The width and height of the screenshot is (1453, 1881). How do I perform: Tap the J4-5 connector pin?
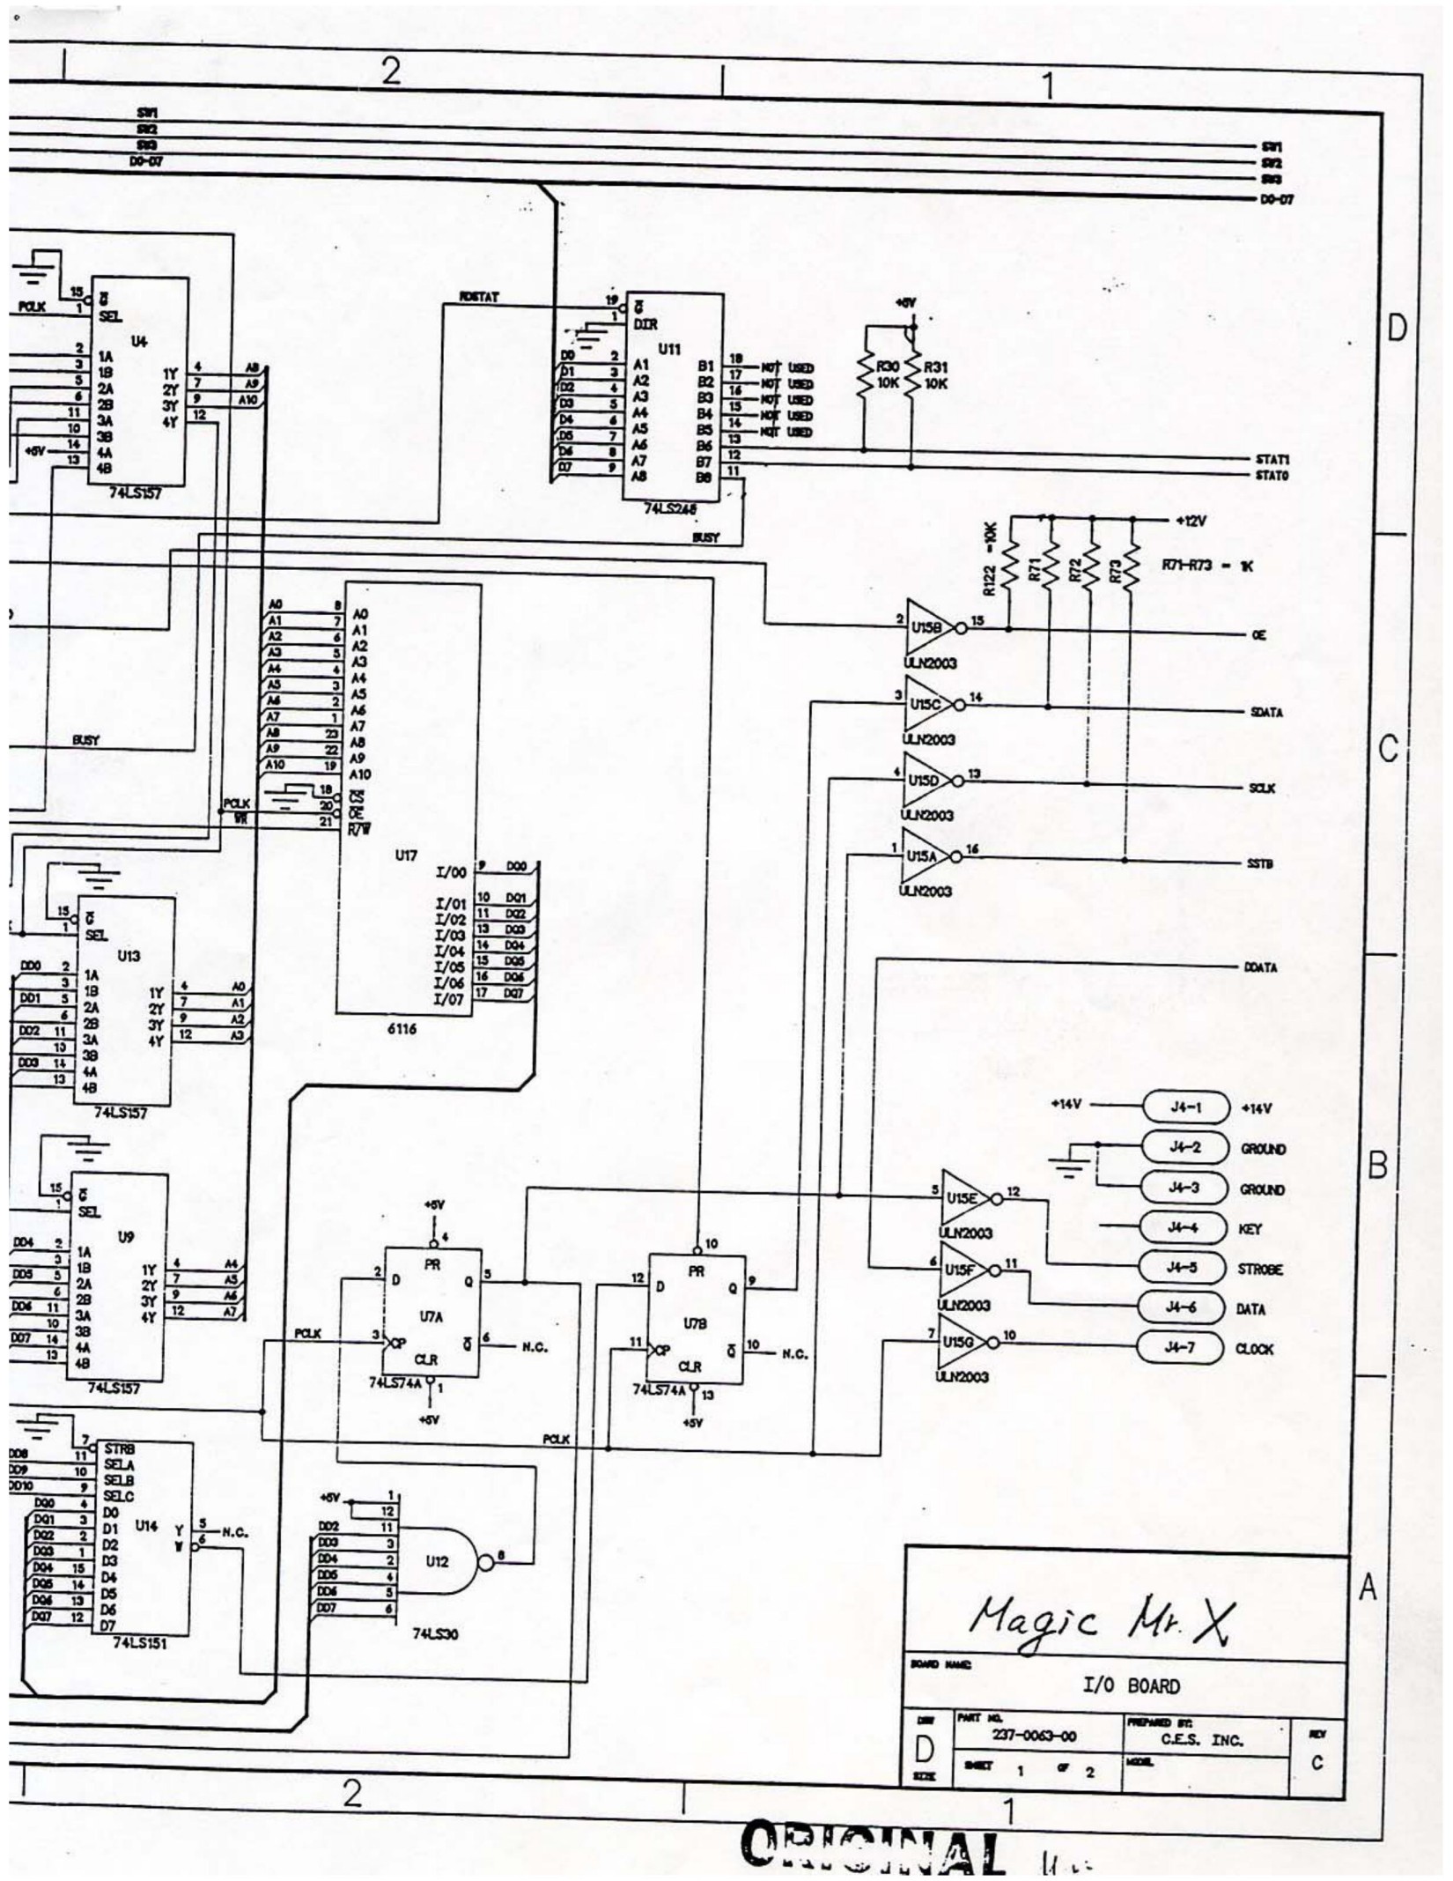(x=1184, y=1268)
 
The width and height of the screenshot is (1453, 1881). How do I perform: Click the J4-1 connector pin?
(x=1184, y=1107)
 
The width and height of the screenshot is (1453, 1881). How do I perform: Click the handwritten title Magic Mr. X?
(x=1102, y=1616)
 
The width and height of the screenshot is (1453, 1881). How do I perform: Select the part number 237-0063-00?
(x=1033, y=1737)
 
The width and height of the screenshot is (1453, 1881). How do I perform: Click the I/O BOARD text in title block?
(x=1131, y=1685)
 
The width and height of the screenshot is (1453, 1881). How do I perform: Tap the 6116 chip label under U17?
(x=402, y=1028)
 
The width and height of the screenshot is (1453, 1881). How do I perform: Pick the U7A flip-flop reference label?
(x=431, y=1317)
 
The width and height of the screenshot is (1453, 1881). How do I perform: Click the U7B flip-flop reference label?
(x=694, y=1323)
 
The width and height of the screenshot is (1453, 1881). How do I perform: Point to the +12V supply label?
(x=1190, y=521)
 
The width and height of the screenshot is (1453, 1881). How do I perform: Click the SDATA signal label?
(x=1265, y=712)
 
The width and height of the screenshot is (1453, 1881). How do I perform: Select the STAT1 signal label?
(x=1272, y=459)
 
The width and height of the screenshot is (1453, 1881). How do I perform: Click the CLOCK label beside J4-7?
(x=1254, y=1349)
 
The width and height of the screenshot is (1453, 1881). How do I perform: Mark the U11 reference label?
(x=669, y=349)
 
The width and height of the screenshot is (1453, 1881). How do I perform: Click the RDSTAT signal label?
(x=478, y=298)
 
